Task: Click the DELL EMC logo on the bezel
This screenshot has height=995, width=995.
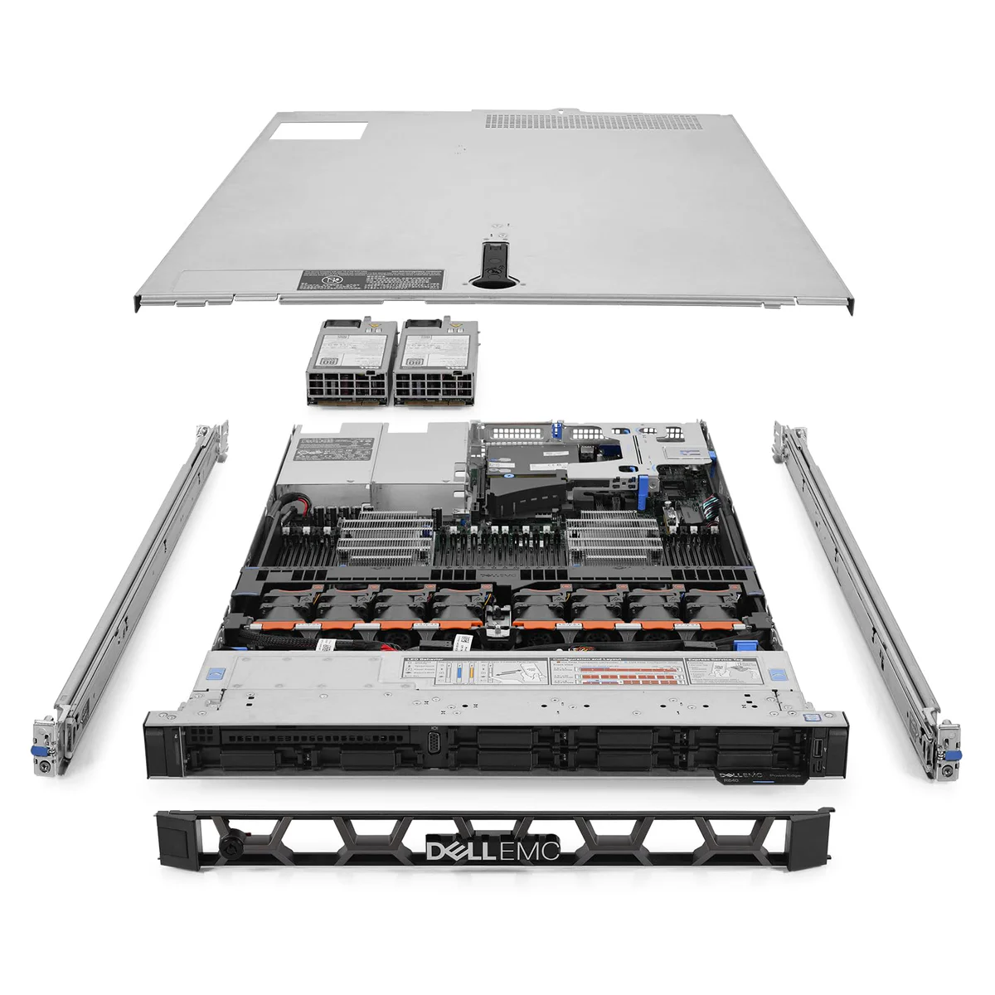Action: pos(493,850)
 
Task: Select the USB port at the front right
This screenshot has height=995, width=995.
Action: pos(816,749)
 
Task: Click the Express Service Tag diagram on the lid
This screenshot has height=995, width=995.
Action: pos(719,675)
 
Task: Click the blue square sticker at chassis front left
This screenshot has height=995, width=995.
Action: pos(217,672)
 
